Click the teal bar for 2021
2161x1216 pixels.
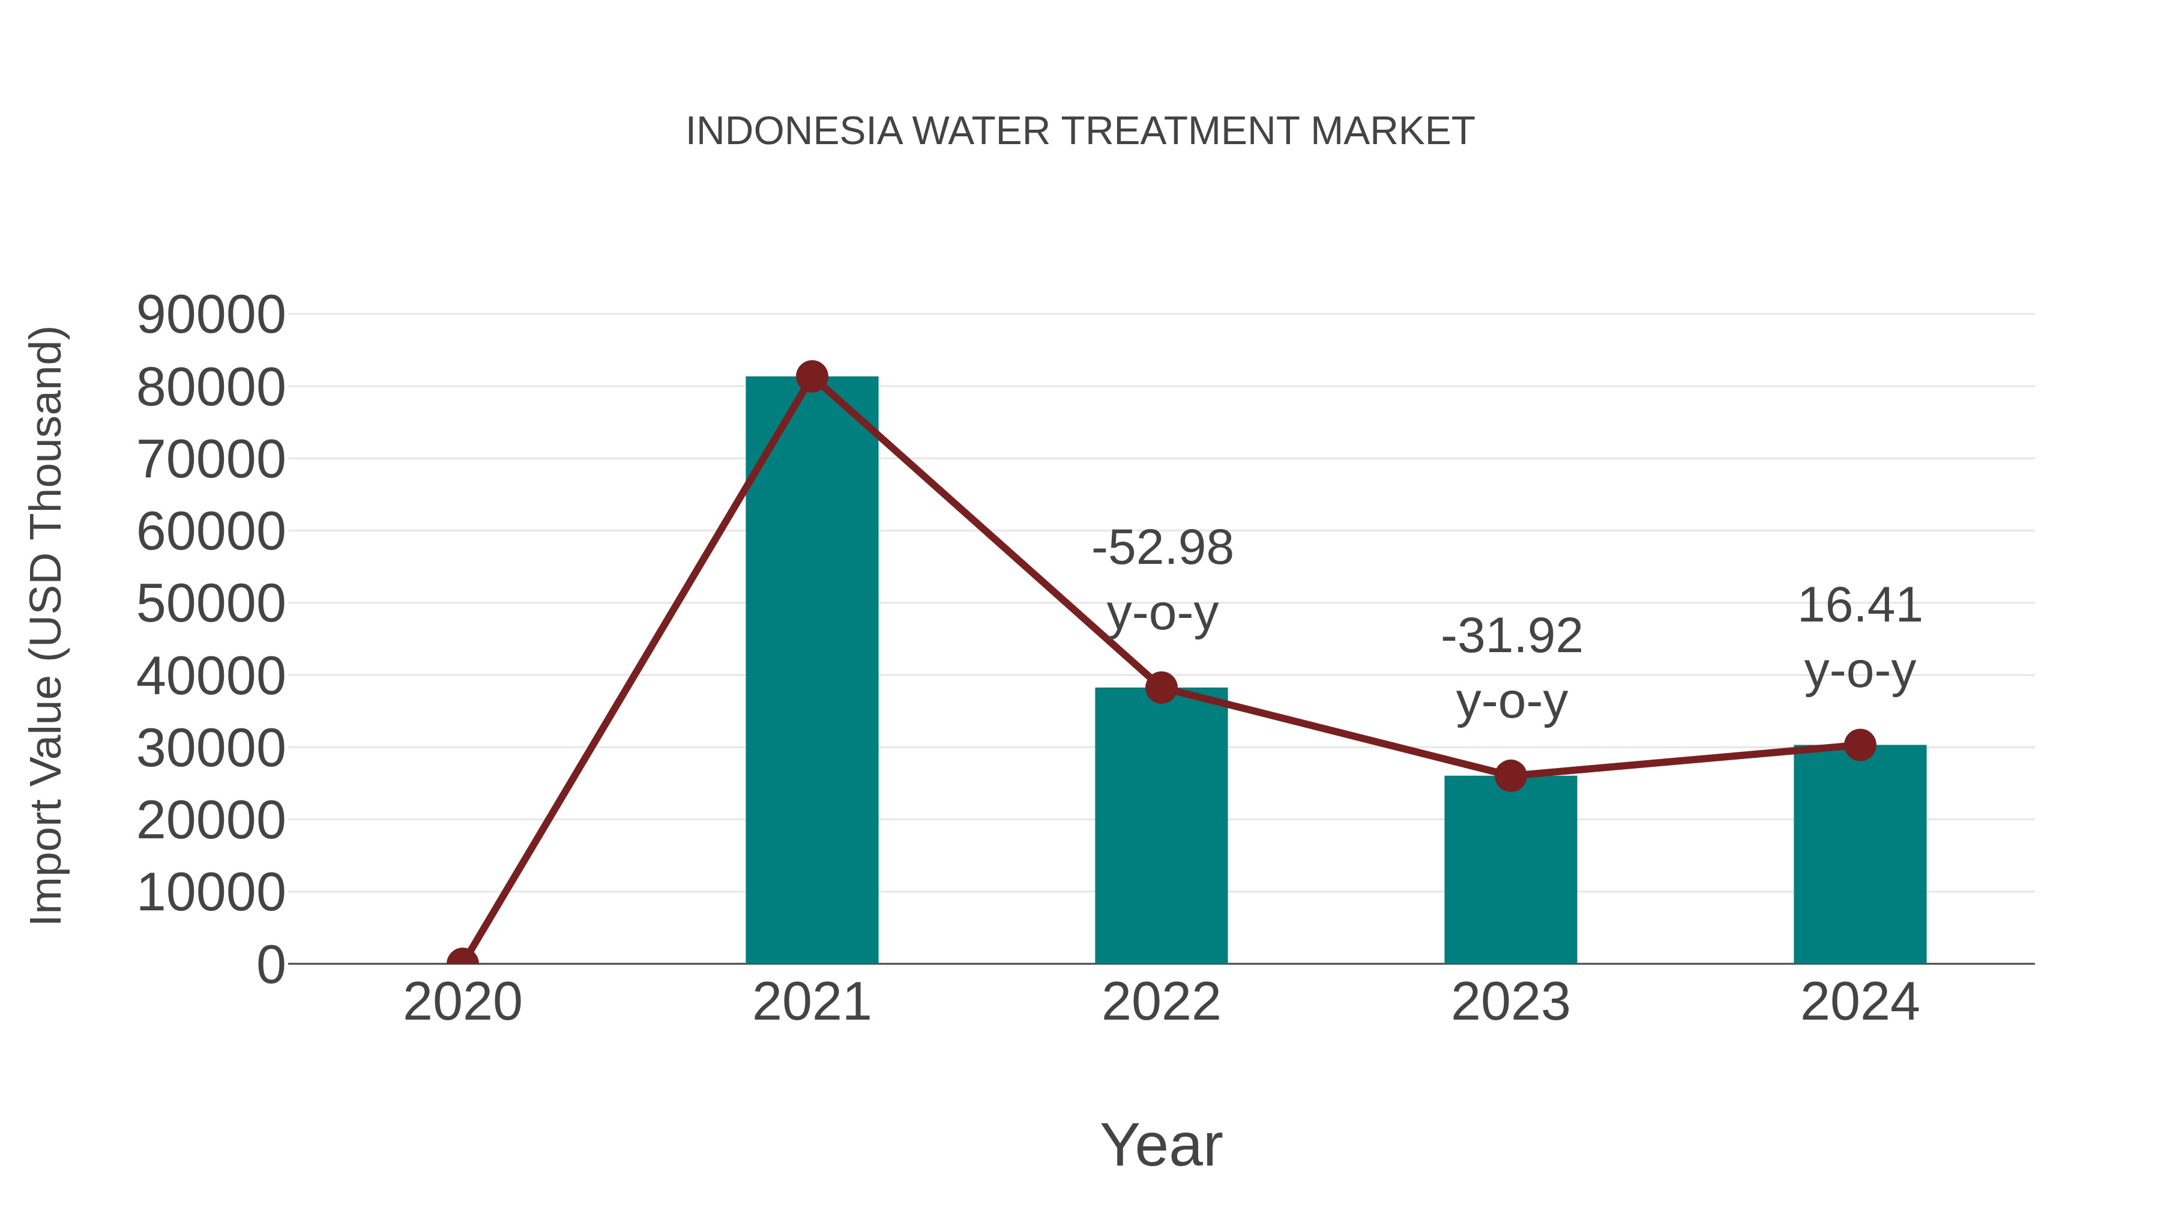[x=811, y=671]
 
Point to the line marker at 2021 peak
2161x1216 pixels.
[x=811, y=377]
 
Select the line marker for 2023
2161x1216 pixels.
[x=1510, y=775]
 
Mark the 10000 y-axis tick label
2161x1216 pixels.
[x=211, y=893]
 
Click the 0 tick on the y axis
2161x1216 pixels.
[x=271, y=965]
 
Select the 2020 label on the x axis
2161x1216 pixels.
[x=462, y=1002]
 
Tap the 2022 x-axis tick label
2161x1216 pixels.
[x=1161, y=1002]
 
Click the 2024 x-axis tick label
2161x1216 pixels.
[x=1860, y=1002]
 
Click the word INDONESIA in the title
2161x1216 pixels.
[x=794, y=132]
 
